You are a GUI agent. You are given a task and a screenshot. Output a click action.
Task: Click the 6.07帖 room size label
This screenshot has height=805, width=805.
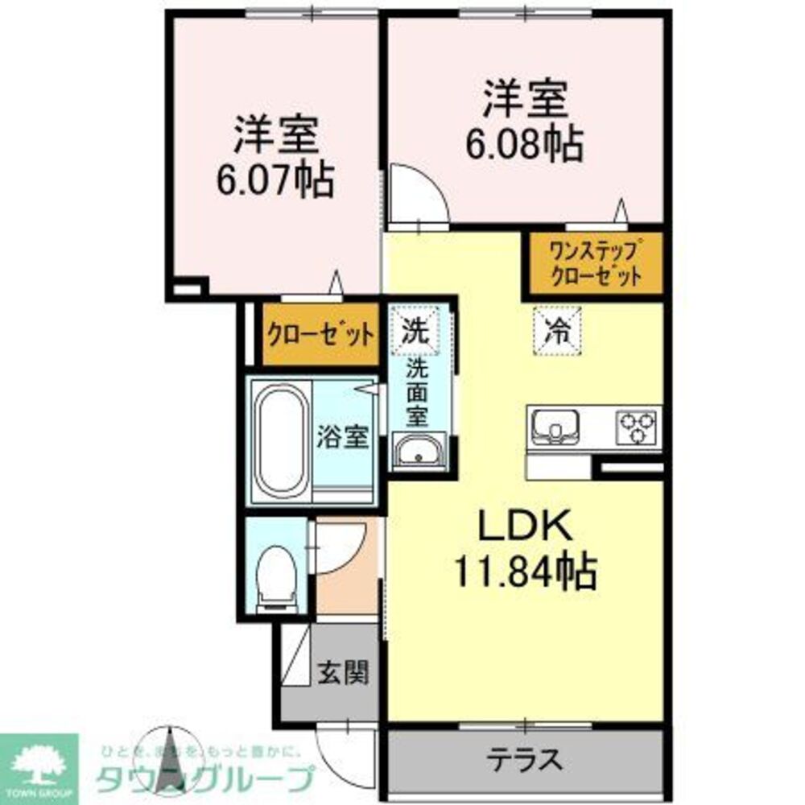point(274,181)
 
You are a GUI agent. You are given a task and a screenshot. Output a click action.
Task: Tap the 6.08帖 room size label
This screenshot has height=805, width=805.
point(523,145)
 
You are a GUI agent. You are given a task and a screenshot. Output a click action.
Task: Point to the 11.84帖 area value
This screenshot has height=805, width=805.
point(525,573)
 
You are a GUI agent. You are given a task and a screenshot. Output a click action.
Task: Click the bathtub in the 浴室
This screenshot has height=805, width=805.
point(281,439)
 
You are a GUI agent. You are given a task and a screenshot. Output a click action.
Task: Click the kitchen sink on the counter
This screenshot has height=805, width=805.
point(555,425)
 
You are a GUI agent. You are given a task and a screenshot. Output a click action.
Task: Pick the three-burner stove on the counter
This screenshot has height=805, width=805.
point(638,427)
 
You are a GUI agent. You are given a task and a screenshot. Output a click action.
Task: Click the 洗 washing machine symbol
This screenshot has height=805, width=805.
point(415,329)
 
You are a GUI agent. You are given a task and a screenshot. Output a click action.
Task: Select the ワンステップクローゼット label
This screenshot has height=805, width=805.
point(594,262)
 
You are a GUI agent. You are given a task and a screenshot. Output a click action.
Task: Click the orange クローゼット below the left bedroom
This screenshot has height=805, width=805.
point(320,333)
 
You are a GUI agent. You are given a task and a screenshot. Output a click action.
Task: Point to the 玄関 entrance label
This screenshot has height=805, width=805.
point(342,672)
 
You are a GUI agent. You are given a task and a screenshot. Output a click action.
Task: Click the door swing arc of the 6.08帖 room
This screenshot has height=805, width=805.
point(415,193)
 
